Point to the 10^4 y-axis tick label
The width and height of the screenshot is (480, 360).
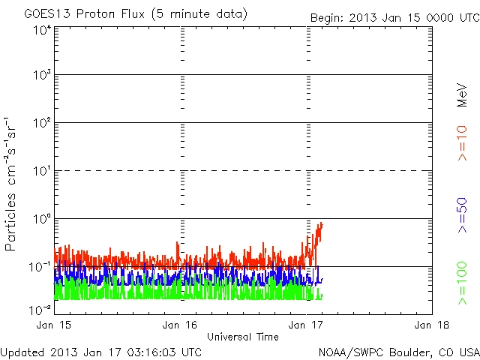click(42, 31)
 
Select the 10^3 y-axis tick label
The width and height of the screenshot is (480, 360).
click(42, 76)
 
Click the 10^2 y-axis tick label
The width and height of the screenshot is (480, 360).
click(42, 124)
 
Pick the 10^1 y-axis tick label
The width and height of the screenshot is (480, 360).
click(42, 172)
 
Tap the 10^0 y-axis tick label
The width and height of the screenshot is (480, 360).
click(42, 220)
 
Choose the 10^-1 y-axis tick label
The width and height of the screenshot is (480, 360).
click(40, 268)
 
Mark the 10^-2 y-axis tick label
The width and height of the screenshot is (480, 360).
click(40, 309)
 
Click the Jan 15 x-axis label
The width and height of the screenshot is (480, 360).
click(54, 325)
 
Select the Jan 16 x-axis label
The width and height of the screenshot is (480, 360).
click(181, 325)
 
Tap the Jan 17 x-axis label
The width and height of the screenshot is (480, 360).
click(307, 325)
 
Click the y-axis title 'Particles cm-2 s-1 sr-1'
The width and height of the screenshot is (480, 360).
click(12, 184)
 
